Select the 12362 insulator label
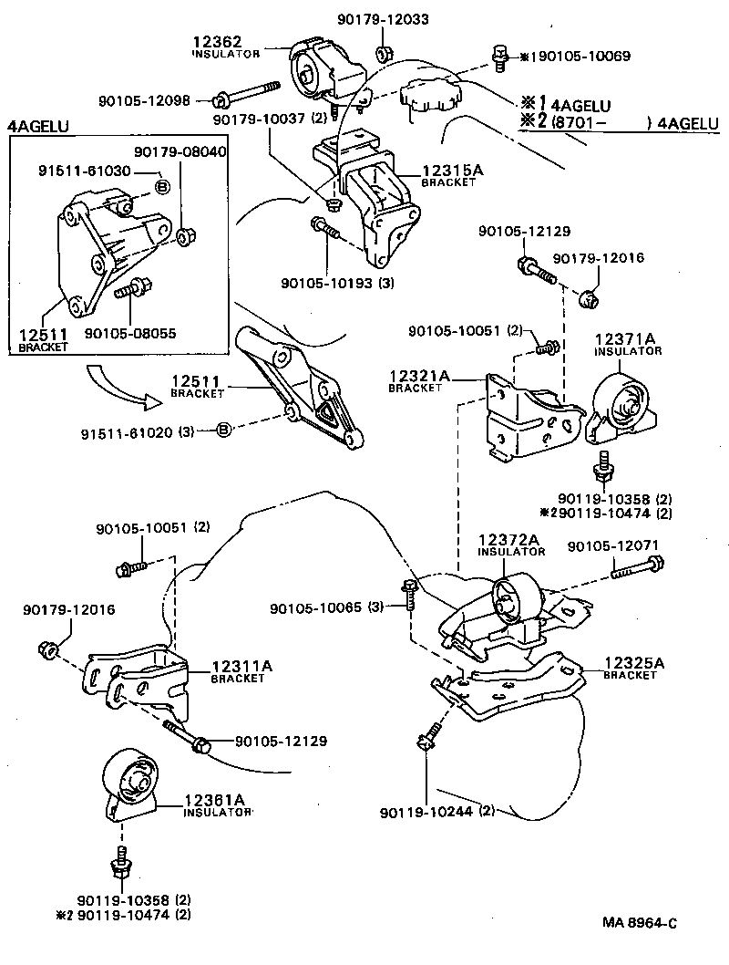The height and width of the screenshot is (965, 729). [216, 41]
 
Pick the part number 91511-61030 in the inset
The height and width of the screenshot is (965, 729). [83, 171]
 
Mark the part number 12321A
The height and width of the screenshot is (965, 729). [419, 375]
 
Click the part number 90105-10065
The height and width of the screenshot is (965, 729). [313, 607]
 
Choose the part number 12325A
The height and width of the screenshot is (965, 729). [634, 663]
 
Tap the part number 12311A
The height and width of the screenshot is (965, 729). [241, 666]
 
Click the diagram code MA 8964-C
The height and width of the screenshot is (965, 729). [639, 923]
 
